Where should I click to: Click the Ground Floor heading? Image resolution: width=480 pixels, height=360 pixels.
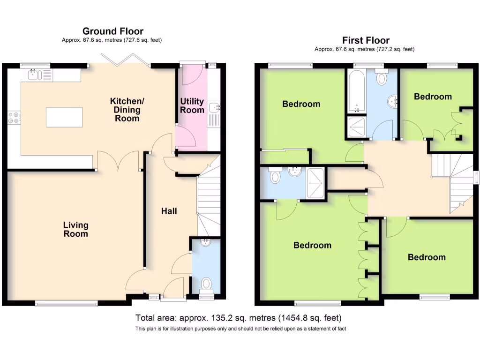pyautogui.click(x=113, y=31)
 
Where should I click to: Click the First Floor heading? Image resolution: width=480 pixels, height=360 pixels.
pyautogui.click(x=366, y=40)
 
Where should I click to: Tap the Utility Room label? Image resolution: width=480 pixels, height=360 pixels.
pyautogui.click(x=192, y=105)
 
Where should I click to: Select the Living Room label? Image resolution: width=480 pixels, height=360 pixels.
pyautogui.click(x=75, y=230)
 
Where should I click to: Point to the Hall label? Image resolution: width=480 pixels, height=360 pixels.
pyautogui.click(x=169, y=211)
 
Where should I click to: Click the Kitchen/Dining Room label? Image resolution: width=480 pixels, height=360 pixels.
pyautogui.click(x=127, y=110)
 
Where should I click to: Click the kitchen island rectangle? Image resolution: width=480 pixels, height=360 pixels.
pyautogui.click(x=64, y=117)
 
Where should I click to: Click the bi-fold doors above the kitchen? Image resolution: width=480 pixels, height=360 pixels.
pyautogui.click(x=126, y=60)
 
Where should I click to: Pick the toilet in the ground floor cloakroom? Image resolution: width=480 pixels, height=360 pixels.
pyautogui.click(x=206, y=285)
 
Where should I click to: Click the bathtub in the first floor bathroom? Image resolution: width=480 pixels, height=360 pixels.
pyautogui.click(x=356, y=91)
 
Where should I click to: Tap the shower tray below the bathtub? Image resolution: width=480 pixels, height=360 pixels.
pyautogui.click(x=357, y=127)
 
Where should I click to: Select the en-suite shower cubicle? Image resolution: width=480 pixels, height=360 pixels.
pyautogui.click(x=315, y=183)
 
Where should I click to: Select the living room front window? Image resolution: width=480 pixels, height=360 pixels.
pyautogui.click(x=67, y=303)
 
